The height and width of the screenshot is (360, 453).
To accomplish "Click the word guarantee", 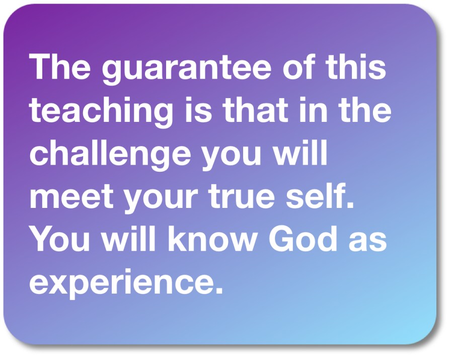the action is pos(187,69).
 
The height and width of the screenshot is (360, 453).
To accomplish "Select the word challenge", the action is pos(110,155).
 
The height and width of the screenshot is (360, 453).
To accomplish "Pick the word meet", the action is pos(71,197).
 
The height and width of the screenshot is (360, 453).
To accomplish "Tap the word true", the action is pos(241,197).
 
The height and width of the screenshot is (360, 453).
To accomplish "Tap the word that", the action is pos(255,109).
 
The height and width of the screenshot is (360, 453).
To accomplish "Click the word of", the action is pos(298,66).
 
